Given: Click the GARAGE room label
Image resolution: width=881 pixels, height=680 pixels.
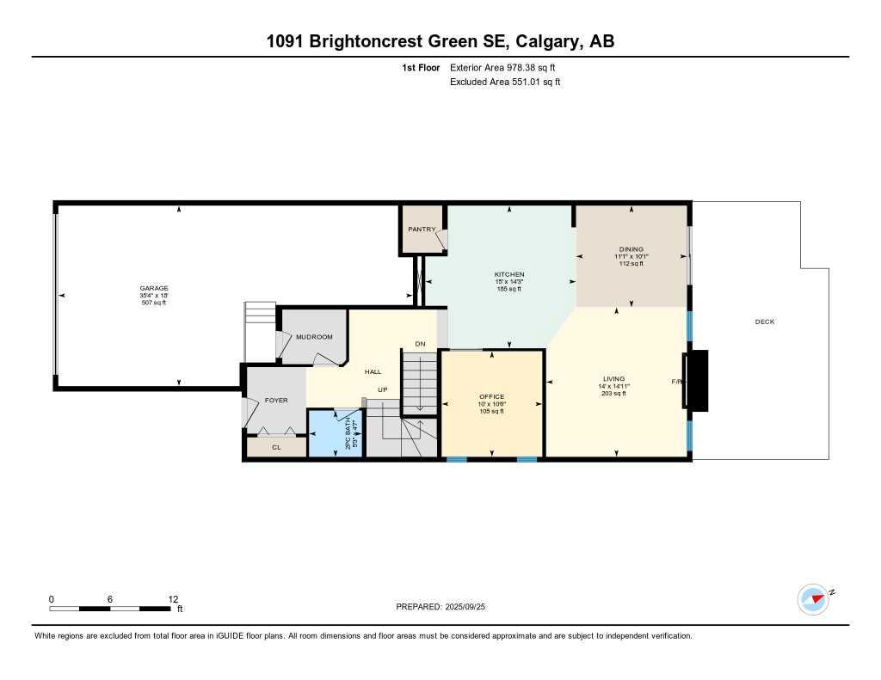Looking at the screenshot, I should [154, 289].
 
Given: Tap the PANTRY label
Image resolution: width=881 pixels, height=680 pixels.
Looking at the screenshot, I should [422, 230].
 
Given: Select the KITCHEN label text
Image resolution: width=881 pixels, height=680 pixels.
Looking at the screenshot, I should [508, 275].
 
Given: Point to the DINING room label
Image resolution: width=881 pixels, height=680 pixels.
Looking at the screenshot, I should [631, 250].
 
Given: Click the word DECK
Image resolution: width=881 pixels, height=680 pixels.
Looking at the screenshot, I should [764, 322].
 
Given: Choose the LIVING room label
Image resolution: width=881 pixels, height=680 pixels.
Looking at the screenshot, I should [613, 379].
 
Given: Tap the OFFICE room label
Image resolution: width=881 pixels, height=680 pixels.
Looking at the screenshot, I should [491, 397].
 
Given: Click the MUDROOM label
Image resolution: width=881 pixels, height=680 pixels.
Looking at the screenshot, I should [314, 337].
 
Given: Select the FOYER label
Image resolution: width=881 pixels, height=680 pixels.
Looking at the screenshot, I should [276, 401].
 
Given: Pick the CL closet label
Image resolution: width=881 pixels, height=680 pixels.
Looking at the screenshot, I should [276, 447].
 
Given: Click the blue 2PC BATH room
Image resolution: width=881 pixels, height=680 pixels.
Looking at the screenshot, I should [336, 435].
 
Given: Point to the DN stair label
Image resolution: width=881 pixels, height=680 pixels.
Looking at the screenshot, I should [420, 344].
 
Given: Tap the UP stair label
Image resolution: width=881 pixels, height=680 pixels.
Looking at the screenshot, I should [384, 389].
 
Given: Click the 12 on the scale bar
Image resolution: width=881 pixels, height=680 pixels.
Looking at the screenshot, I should [173, 599].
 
